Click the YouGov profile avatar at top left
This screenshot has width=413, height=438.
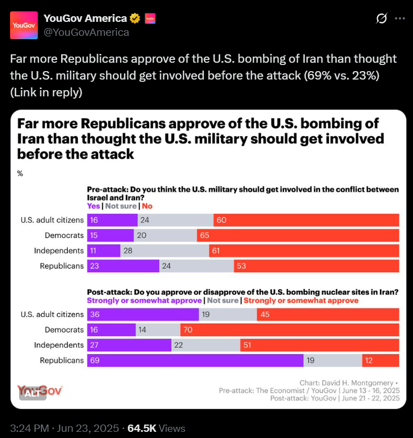click(24, 25)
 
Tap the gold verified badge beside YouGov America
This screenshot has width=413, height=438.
click(135, 18)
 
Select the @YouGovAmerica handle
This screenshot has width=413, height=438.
click(86, 32)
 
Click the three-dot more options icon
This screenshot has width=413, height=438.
click(400, 18)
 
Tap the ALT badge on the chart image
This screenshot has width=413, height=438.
click(33, 393)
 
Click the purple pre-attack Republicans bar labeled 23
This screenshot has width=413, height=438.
click(123, 266)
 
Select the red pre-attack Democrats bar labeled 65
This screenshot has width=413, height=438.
click(298, 235)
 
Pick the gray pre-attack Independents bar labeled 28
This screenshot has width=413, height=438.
click(165, 250)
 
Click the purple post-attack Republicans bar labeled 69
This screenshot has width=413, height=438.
click(195, 360)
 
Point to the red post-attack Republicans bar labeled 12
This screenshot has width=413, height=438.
click(380, 360)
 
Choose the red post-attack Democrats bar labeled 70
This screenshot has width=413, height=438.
click(290, 330)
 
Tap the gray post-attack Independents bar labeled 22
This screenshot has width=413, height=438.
click(206, 345)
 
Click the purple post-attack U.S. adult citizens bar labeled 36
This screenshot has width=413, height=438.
click(143, 315)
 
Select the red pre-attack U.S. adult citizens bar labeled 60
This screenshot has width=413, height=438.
click(306, 220)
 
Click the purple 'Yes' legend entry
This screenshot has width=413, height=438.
click(94, 206)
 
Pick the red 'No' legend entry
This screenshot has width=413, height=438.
click(147, 206)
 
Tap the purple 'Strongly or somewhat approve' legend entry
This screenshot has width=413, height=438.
click(144, 300)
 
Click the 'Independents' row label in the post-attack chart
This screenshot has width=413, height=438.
click(59, 345)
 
